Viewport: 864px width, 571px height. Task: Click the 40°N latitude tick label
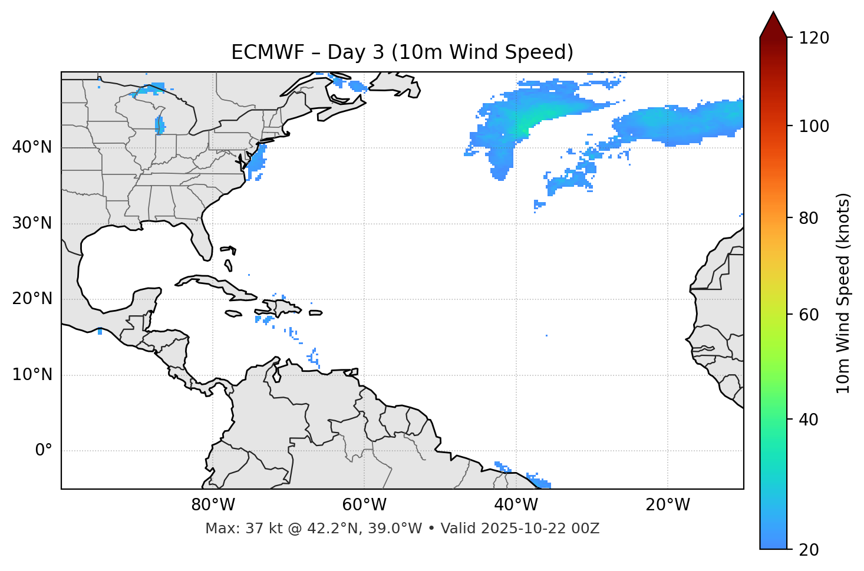coord(32,147)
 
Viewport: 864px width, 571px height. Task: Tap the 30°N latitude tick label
coord(32,223)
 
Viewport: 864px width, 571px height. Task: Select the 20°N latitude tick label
coord(32,299)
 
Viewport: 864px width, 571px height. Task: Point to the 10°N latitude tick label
coord(32,375)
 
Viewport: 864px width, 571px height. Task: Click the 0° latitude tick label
coord(44,451)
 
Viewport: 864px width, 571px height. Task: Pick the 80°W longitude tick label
coord(213,505)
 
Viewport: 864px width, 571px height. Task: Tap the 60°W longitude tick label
coord(364,505)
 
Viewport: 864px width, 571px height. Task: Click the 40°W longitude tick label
coord(516,505)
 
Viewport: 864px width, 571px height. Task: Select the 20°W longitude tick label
coord(668,505)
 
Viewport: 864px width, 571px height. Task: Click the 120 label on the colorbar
coord(814,38)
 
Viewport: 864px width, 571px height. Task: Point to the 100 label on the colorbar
coord(814,126)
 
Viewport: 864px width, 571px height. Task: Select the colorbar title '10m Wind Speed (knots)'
coord(843,293)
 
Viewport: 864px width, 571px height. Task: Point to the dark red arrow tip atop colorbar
coord(773,22)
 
